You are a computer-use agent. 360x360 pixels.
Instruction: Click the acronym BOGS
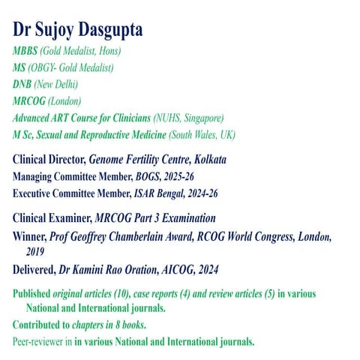161,177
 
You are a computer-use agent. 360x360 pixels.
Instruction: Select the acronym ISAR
157,193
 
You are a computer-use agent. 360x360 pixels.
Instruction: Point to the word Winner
29,236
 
